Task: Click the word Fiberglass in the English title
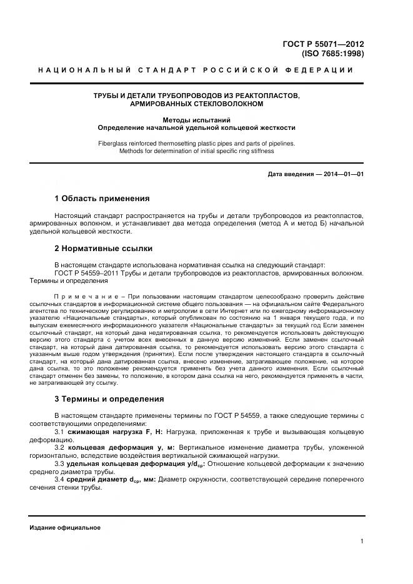(x=113, y=143)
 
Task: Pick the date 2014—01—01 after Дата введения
(x=343, y=174)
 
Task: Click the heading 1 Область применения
(x=102, y=199)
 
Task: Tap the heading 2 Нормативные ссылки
(x=104, y=248)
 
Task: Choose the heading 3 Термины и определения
(x=109, y=398)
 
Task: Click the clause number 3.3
(x=60, y=464)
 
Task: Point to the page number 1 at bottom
(x=362, y=542)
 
